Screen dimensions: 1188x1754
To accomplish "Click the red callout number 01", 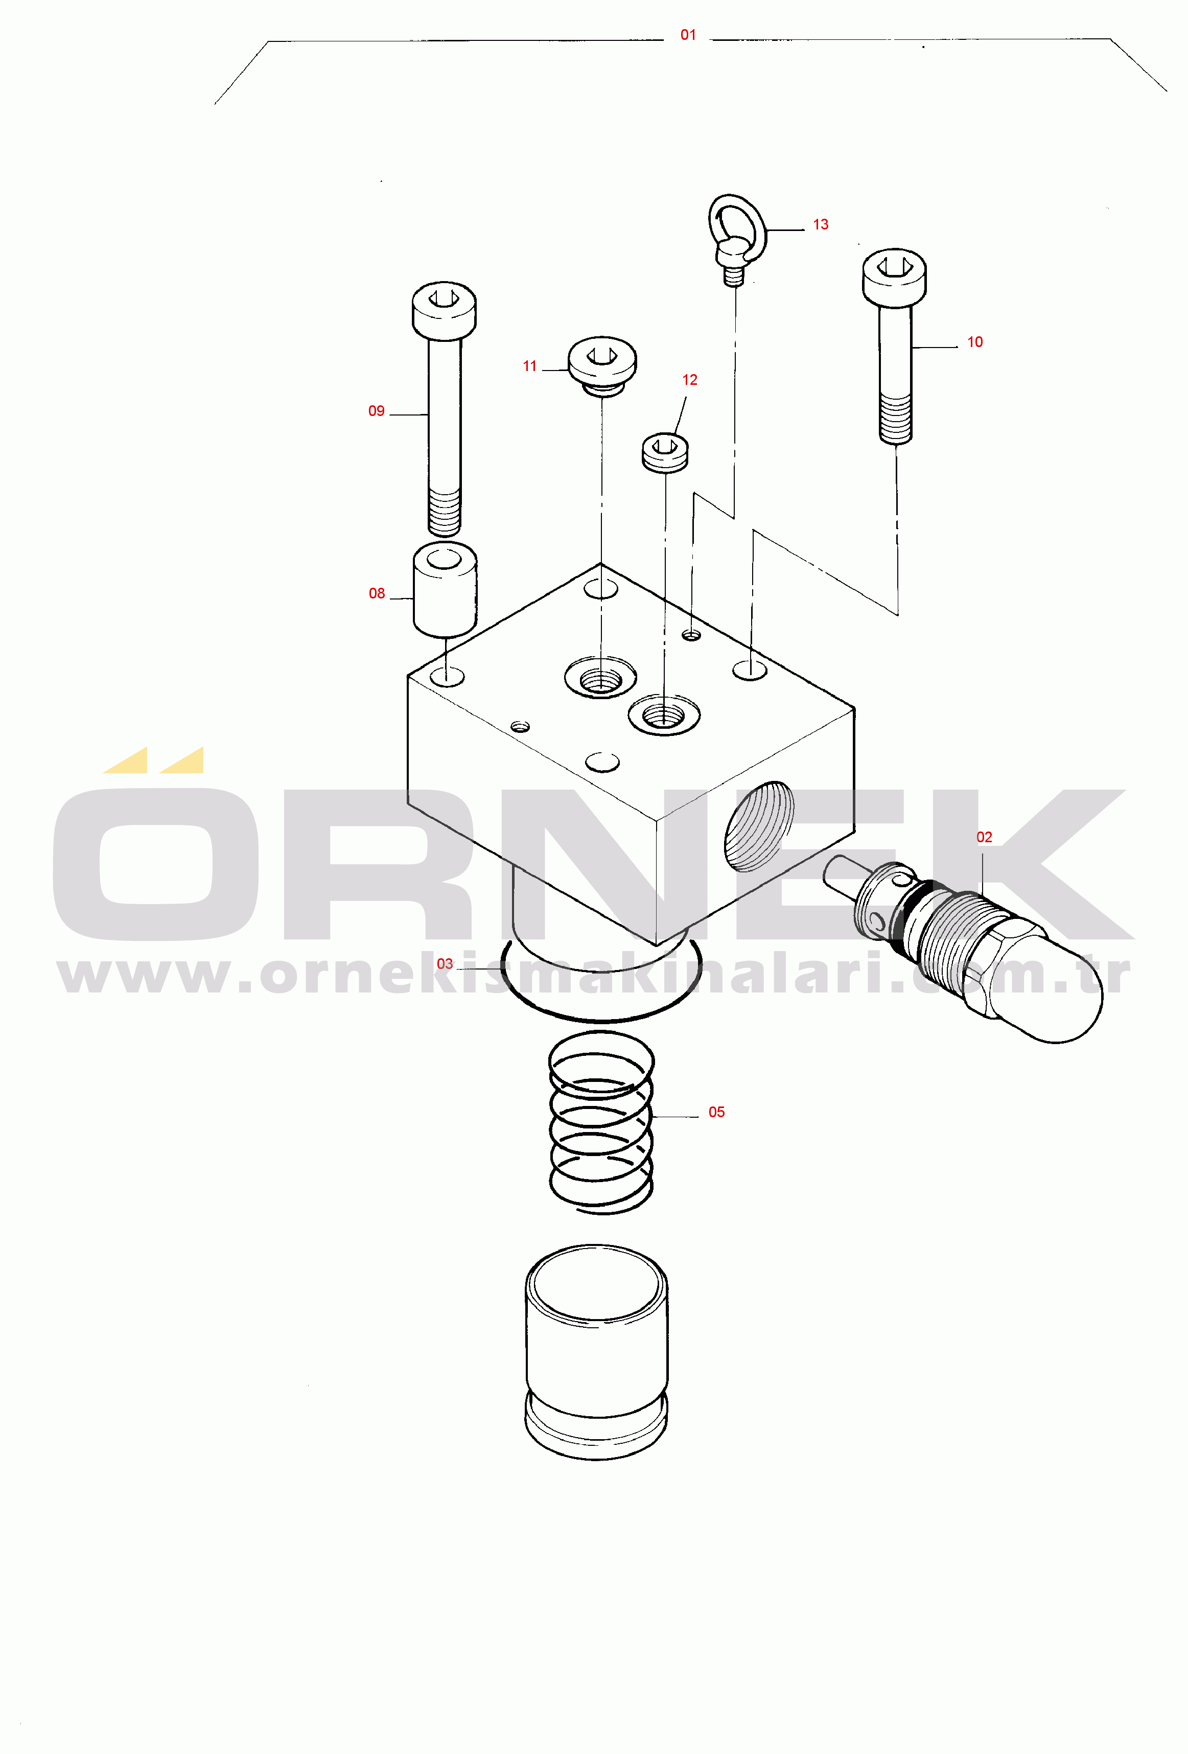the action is pyautogui.click(x=688, y=35).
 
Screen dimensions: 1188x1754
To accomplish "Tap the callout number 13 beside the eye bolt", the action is pyautogui.click(x=821, y=224).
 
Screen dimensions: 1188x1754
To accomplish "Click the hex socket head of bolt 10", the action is pyautogui.click(x=894, y=277).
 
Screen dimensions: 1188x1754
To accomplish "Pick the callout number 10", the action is pyautogui.click(x=974, y=342).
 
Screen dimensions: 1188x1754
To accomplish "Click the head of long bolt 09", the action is pyautogui.click(x=444, y=310).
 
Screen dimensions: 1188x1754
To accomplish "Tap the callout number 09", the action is pyautogui.click(x=376, y=410).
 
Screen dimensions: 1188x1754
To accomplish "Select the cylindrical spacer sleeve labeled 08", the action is pyautogui.click(x=445, y=589).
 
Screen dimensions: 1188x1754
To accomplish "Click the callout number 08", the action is pyautogui.click(x=377, y=593).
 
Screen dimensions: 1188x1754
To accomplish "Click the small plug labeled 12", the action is pyautogui.click(x=665, y=452).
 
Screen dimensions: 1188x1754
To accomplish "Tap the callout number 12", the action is pyautogui.click(x=689, y=380).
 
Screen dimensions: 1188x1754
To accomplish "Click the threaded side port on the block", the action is pyautogui.click(x=759, y=826).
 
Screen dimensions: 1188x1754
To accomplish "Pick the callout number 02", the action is pyautogui.click(x=984, y=837).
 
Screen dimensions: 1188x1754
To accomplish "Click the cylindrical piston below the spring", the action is pyautogui.click(x=596, y=1351).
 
